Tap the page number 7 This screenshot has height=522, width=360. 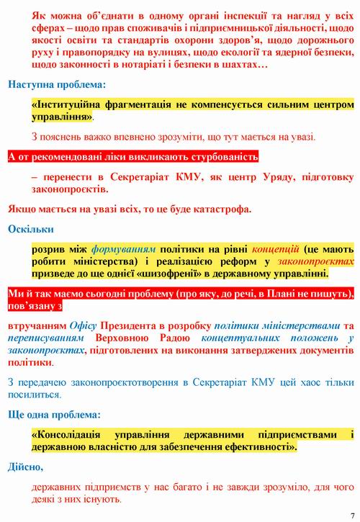(351, 516)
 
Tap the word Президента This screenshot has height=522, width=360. (134, 325)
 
